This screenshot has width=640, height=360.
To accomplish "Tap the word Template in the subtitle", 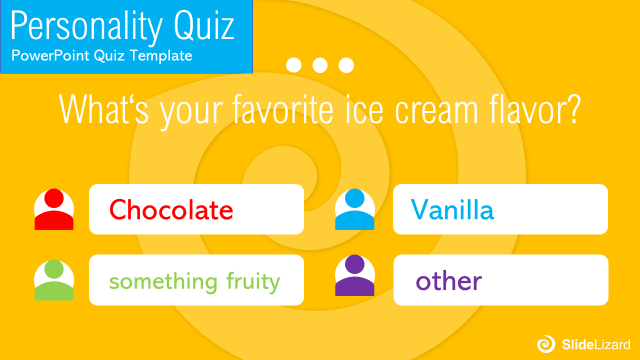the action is click(x=161, y=55).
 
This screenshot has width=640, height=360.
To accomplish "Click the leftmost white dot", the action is click(x=293, y=65).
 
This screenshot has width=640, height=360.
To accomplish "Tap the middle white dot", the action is click(x=320, y=65).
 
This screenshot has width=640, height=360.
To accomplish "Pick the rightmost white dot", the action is click(x=346, y=65).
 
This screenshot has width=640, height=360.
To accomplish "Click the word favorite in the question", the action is click(x=283, y=109).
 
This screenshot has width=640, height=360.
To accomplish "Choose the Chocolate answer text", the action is click(x=171, y=209).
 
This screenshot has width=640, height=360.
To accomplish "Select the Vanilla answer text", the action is click(x=452, y=209).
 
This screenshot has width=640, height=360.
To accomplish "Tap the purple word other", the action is click(x=449, y=281).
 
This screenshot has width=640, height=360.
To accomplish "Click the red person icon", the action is click(x=54, y=209).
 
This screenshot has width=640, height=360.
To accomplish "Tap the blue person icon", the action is click(x=354, y=209).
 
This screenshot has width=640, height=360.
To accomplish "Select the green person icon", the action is click(x=54, y=280).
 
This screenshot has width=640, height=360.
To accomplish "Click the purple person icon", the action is click(x=354, y=275).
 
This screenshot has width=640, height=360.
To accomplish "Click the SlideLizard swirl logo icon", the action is click(x=546, y=344).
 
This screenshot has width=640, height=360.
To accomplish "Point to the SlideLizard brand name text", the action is click(x=596, y=344).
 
